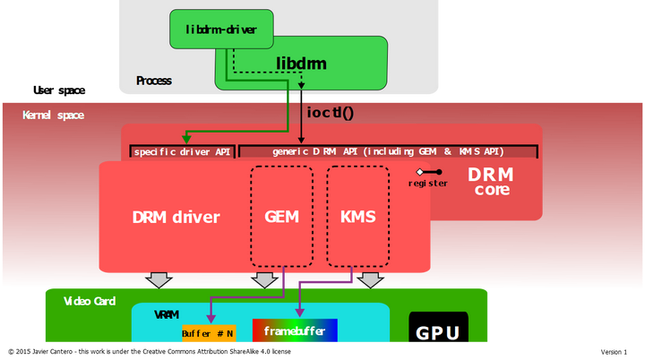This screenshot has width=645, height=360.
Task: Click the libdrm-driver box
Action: click(x=220, y=30)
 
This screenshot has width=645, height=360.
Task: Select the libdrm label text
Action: click(x=301, y=64)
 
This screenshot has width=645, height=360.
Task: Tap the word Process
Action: click(x=153, y=81)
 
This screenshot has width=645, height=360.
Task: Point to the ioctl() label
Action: click(x=331, y=113)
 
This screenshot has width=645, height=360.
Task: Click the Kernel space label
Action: click(x=54, y=116)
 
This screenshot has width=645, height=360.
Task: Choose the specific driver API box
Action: click(x=182, y=152)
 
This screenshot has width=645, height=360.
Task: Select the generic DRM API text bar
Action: click(x=388, y=152)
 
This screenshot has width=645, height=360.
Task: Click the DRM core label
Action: click(x=492, y=182)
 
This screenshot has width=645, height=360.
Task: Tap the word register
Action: click(x=427, y=184)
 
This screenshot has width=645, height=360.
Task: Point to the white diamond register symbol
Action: click(x=419, y=171)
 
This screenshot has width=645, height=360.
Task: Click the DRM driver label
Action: click(x=176, y=217)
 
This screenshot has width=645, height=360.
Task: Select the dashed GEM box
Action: click(x=281, y=217)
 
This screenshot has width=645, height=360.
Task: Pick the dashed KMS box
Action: click(x=357, y=217)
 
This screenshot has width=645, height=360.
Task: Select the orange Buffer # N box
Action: click(x=209, y=334)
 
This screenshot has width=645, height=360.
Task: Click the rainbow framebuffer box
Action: click(x=295, y=331)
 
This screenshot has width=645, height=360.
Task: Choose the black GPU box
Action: click(x=438, y=332)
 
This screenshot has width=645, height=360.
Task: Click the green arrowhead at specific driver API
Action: click(x=186, y=139)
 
